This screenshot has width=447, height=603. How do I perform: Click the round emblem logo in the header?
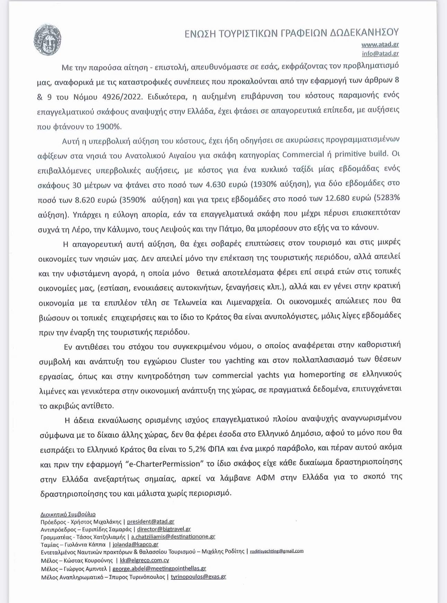tap(47, 40)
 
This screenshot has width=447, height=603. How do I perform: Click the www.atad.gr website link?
tap(380, 44)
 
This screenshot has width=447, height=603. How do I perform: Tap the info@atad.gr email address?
tap(380, 53)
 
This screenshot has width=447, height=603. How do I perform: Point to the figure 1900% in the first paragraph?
tap(108, 127)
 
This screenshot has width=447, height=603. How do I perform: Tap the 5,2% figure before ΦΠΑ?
tap(197, 449)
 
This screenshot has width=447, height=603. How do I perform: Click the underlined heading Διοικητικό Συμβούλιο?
tap(68, 514)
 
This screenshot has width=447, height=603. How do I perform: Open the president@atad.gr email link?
tap(150, 521)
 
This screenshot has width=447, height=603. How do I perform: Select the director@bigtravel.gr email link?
tap(164, 529)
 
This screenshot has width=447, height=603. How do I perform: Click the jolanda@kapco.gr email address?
tap(135, 544)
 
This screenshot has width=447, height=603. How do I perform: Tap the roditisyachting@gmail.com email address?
tap(277, 551)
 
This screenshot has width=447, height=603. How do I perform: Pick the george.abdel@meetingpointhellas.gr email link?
tap(159, 568)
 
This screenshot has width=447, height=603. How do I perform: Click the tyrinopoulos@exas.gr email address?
tap(198, 577)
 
